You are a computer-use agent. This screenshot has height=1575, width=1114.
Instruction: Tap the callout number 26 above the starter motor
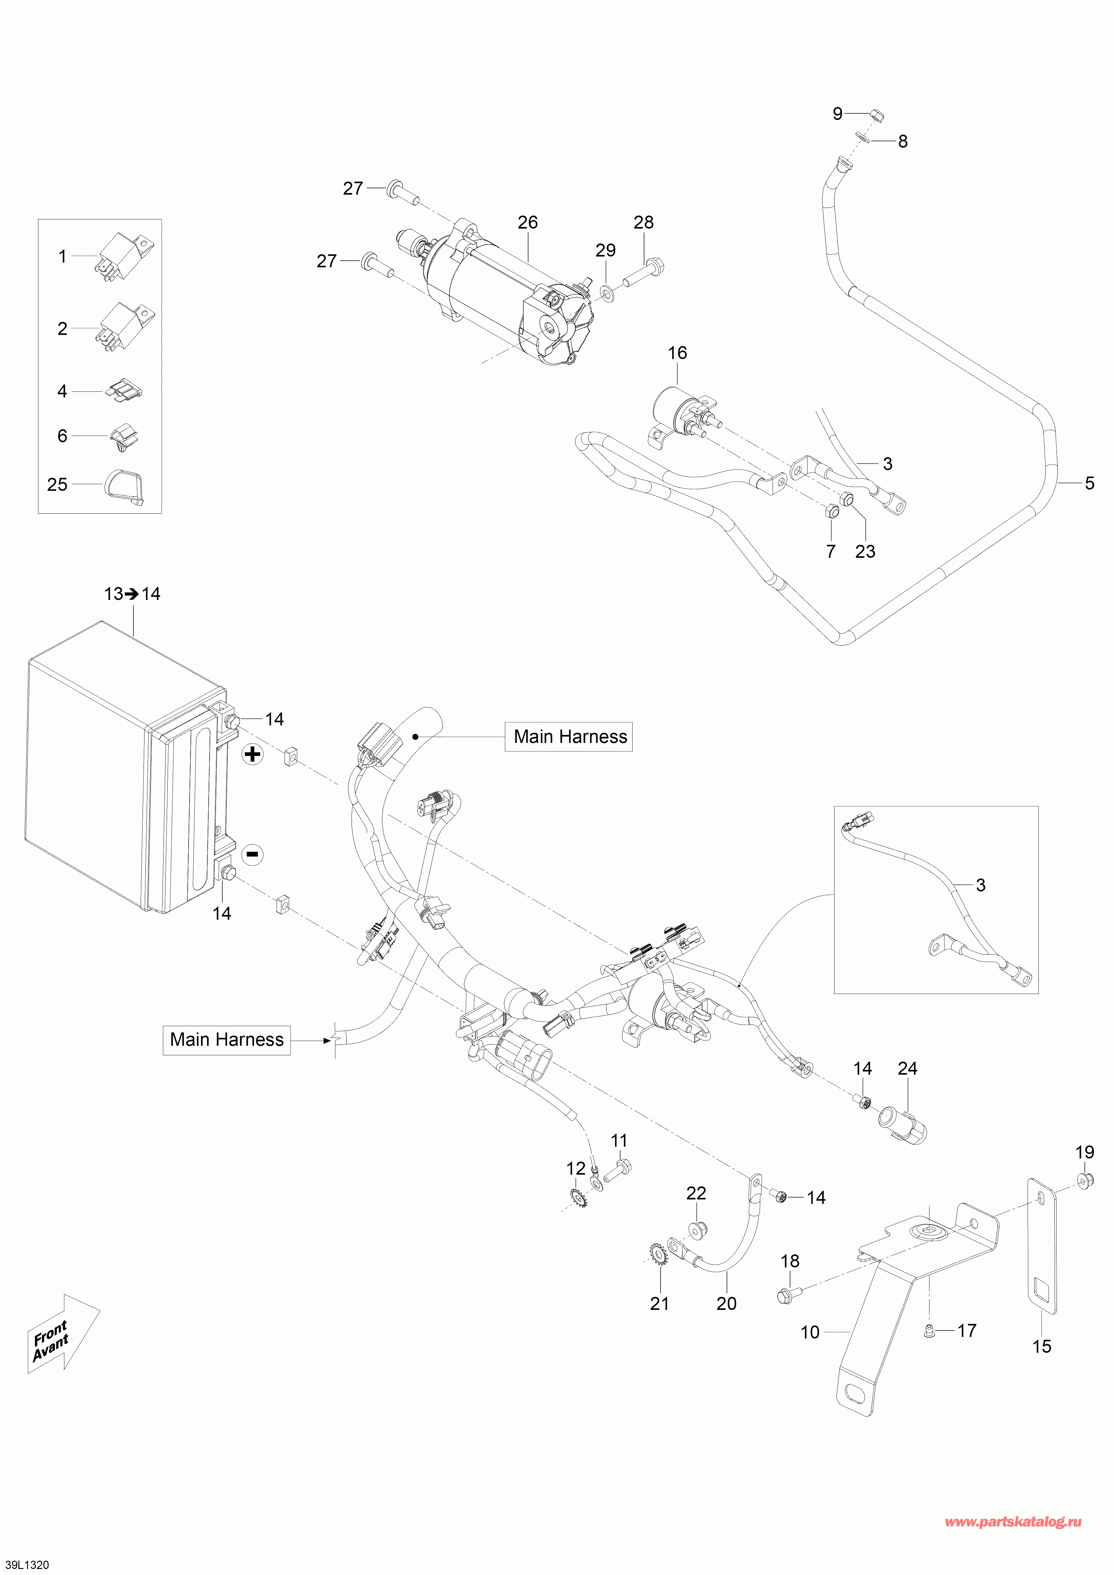527,222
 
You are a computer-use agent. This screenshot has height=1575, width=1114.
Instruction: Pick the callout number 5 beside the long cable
1089,483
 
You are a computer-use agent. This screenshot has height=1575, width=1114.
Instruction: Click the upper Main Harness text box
569,737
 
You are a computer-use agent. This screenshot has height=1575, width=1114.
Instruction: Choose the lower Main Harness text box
226,1040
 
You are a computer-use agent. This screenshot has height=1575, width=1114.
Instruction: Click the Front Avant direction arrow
62,1334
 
